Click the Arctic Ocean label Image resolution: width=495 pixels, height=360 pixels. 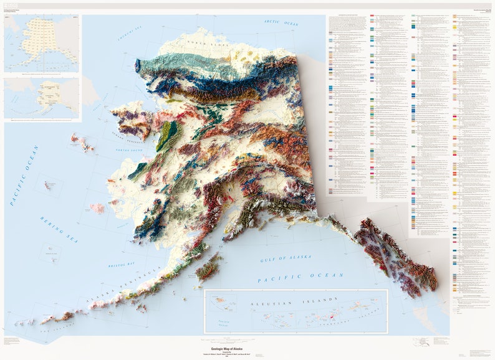pos(281,22)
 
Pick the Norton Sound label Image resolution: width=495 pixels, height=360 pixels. pos(130,149)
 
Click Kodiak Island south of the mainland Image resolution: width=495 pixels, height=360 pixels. pos(208,268)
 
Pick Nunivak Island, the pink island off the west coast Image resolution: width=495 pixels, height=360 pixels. pos(97,207)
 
